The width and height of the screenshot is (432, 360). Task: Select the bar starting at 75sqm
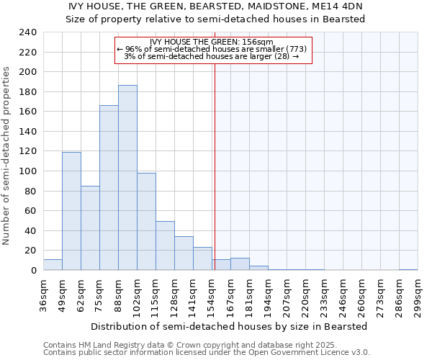109,188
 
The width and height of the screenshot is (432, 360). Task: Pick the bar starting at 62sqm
90,228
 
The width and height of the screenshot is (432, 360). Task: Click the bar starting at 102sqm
146,222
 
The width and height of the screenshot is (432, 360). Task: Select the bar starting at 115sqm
165,246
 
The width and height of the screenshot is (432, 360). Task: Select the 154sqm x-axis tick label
212,296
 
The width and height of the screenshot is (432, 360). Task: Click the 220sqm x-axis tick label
305,296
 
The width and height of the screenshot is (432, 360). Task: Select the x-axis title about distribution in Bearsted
230,326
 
